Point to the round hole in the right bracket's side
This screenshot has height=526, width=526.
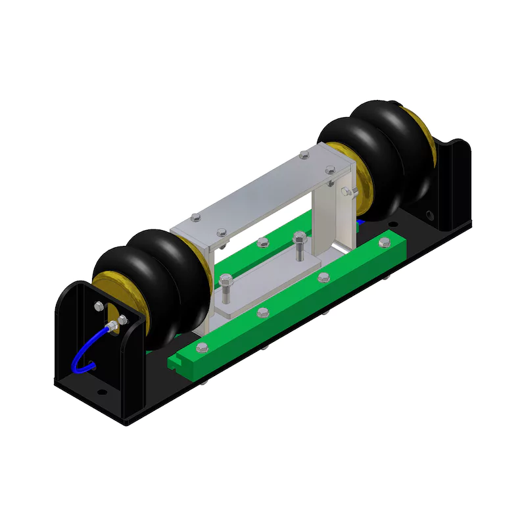429,215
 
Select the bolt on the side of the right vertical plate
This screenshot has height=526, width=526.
347,191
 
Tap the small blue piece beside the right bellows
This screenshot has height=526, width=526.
358,222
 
